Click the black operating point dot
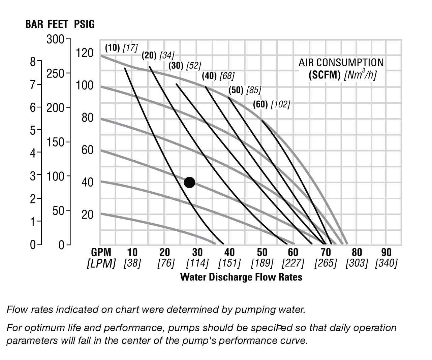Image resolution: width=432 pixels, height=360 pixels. coord(189,183)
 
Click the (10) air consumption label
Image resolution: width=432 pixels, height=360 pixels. coord(112,48)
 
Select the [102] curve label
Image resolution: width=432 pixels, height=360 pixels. coord(280,104)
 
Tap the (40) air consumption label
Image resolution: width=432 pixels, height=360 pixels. coord(209,76)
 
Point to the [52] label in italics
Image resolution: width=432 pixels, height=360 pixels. coord(193,66)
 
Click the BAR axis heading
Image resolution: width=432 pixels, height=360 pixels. coord(34,24)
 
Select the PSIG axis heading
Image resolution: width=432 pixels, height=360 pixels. coord(84,24)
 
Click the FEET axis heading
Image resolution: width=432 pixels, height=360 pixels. coord(58,24)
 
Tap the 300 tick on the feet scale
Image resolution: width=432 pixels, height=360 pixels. coord(56,39)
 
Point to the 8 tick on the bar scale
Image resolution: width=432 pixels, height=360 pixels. coord(33,62)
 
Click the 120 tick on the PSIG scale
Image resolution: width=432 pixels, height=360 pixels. coord(85,53)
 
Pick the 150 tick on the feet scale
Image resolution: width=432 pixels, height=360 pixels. coord(56,142)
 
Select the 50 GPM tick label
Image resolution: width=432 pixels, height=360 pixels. coord(262,252)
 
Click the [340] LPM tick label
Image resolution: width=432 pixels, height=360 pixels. coord(386,263)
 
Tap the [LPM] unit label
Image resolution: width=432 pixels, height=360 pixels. coord(101,263)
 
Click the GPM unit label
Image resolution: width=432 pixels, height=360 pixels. coord(101,252)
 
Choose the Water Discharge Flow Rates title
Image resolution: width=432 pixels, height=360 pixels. coord(241,277)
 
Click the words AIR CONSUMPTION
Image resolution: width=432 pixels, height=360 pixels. coord(341,62)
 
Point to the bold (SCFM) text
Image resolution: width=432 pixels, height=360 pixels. coord(325,75)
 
